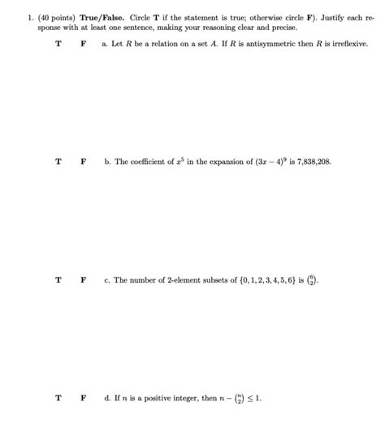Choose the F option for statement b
pos(83,162)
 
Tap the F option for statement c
pos(83,280)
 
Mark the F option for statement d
pos(83,399)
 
